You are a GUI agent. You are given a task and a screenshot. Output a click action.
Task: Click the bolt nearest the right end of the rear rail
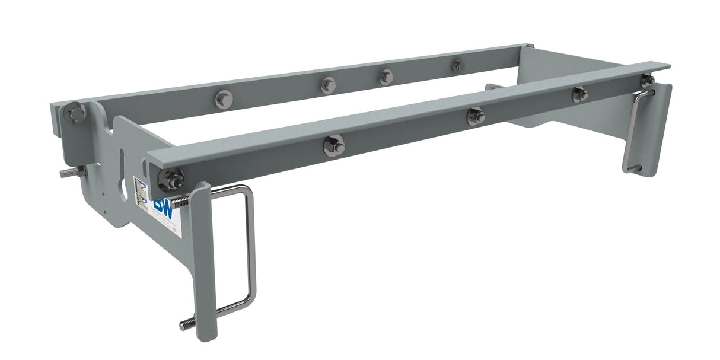click(x=458, y=65)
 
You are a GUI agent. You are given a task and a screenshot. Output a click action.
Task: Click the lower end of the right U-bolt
click(x=632, y=170)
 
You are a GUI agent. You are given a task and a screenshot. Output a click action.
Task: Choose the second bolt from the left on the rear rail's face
click(x=328, y=85)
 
